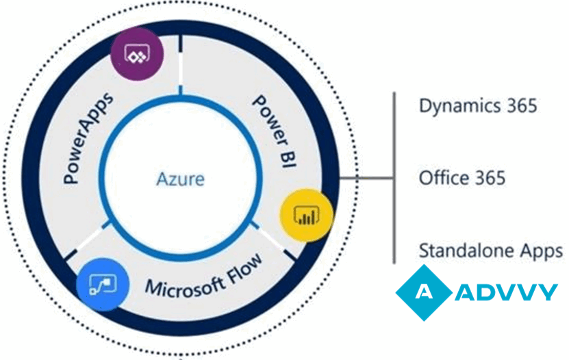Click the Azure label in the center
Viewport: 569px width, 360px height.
180,180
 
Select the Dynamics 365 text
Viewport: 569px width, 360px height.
478,106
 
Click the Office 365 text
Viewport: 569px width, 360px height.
462,179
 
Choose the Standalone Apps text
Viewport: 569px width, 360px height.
491,250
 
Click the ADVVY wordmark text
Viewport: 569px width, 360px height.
506,292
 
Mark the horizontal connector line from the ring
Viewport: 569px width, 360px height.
366,179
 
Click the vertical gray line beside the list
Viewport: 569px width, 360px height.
394,178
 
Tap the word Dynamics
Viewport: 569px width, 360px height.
457,107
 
